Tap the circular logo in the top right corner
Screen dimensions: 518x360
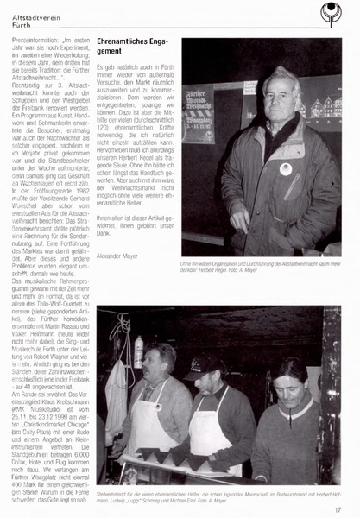330,11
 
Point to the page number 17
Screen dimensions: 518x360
338,510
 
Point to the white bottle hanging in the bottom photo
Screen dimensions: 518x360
139,352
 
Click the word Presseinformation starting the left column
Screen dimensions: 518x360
32,40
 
